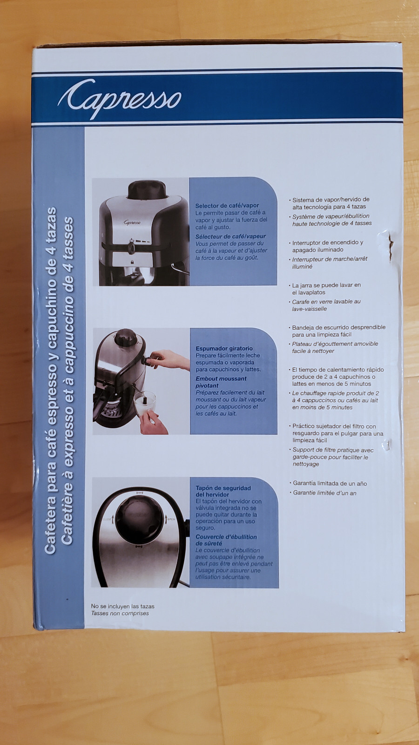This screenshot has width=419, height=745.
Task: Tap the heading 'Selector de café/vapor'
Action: pyautogui.click(x=227, y=205)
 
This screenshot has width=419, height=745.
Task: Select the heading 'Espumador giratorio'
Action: pyautogui.click(x=224, y=348)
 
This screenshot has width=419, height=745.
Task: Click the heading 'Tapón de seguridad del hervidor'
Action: pyautogui.click(x=223, y=491)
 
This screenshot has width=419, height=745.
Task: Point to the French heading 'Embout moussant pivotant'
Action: pyautogui.click(x=221, y=382)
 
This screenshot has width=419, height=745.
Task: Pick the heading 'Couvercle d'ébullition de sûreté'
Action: pyautogui.click(x=226, y=540)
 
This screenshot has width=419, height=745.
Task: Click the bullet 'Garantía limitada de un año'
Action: pyautogui.click(x=330, y=483)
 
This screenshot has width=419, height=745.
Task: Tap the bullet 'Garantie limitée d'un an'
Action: pyautogui.click(x=324, y=493)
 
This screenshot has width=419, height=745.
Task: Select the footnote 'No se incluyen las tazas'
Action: pyautogui.click(x=122, y=606)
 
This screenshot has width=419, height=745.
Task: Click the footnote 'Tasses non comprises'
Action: pyautogui.click(x=120, y=613)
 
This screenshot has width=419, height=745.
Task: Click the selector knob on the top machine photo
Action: pyautogui.click(x=132, y=247)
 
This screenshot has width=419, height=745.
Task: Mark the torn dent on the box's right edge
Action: pyautogui.click(x=390, y=243)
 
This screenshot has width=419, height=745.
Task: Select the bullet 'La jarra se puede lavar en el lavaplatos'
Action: pyautogui.click(x=326, y=289)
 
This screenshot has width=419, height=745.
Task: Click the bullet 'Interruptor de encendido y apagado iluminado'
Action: pyautogui.click(x=327, y=246)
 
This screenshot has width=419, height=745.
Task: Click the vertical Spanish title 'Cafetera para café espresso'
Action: pyautogui.click(x=50, y=380)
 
